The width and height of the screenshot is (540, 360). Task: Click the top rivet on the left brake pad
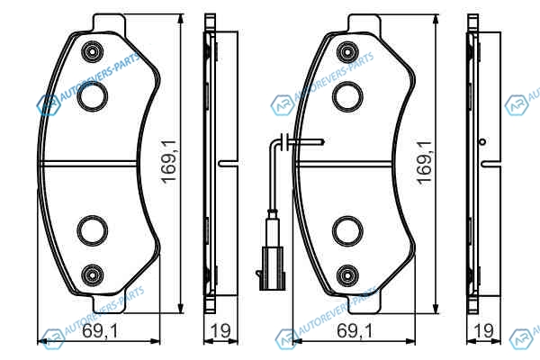93,51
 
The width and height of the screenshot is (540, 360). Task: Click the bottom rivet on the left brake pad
93,274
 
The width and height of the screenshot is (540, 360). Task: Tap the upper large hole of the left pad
93,97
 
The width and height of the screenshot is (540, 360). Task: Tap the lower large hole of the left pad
93,230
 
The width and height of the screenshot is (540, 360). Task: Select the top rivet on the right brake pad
347,52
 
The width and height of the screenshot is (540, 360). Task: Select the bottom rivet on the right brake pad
347,274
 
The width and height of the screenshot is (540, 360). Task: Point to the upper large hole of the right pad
347,97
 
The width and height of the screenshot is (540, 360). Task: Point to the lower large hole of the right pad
347,231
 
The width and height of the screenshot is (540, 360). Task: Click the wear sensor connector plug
272,267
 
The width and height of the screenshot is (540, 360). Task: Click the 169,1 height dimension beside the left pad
170,162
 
